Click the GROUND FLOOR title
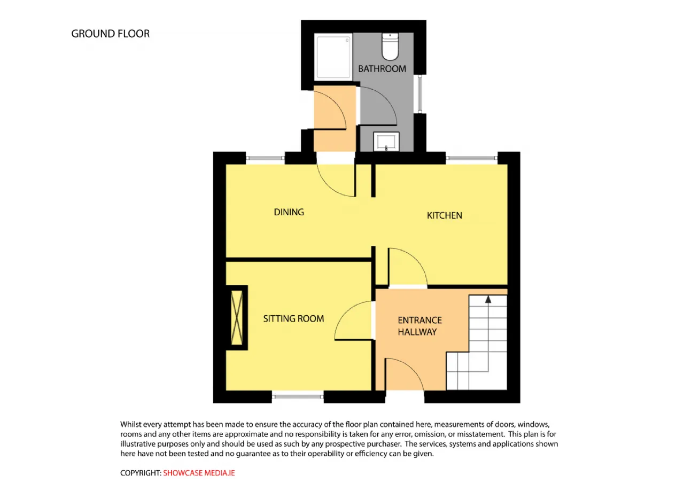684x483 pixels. [x=110, y=34]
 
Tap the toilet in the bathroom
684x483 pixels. [x=390, y=46]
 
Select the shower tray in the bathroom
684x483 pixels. [x=333, y=57]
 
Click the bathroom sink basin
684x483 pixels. [x=386, y=142]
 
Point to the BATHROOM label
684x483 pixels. [x=382, y=69]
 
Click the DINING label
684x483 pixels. [x=289, y=212]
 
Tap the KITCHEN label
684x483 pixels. [x=444, y=215]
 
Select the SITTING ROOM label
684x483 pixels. [x=293, y=319]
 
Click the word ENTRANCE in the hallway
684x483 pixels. [x=419, y=320]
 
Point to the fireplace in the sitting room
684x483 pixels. [x=237, y=317]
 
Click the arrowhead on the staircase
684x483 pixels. [x=488, y=299]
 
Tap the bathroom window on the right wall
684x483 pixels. [x=420, y=94]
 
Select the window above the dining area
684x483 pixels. [x=265, y=158]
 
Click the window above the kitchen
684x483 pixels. [x=471, y=158]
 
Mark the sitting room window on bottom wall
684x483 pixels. [x=298, y=396]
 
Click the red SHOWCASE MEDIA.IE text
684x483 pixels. [x=199, y=473]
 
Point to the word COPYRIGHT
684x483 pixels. [x=140, y=473]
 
